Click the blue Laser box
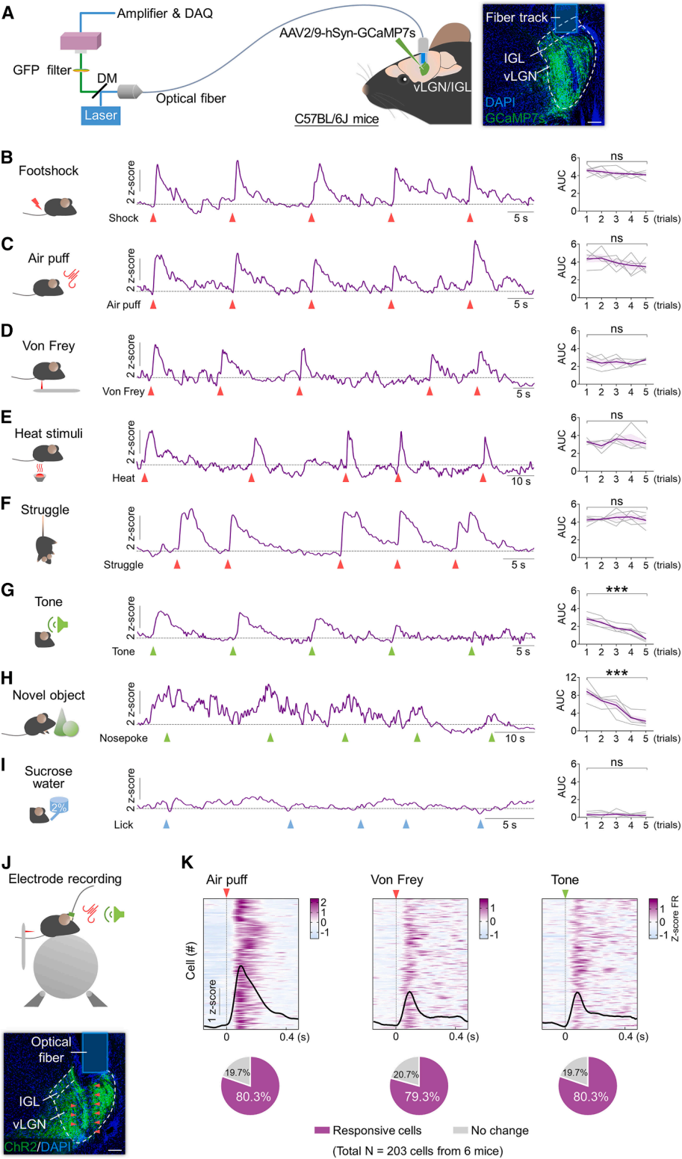click(x=101, y=116)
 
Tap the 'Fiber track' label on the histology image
click(x=516, y=16)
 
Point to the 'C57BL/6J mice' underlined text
click(x=337, y=119)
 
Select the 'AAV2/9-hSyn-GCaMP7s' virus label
click(x=347, y=33)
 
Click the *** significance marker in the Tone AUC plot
click(x=616, y=590)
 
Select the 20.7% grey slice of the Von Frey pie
click(x=406, y=1075)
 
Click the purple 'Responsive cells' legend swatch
click(x=321, y=1131)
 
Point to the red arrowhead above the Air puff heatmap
click(x=227, y=894)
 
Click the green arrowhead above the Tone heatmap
click(x=565, y=894)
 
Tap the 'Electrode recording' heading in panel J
click(x=65, y=879)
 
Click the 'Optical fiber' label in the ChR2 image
click(x=51, y=1049)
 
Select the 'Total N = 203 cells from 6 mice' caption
click(x=418, y=1151)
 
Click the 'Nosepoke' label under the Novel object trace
click(x=123, y=738)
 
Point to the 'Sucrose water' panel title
click(x=49, y=777)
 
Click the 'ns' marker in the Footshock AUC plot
click(x=616, y=156)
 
